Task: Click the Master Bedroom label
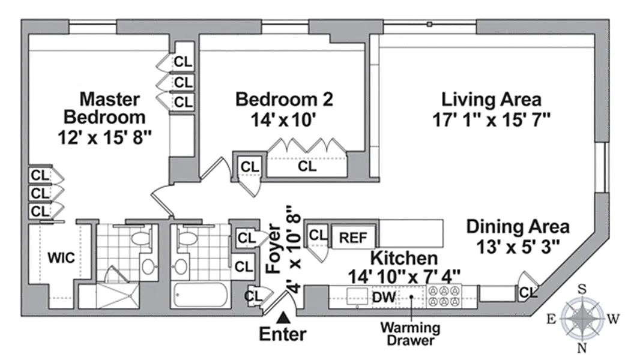[x=105, y=108]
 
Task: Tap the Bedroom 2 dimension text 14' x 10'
[x=283, y=119]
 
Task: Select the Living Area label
[x=491, y=100]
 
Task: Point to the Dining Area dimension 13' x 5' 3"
[x=518, y=246]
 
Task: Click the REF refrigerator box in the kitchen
[x=353, y=237]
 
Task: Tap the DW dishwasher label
[x=384, y=297]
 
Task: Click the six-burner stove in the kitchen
[x=444, y=296]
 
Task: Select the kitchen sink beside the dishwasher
[x=357, y=297]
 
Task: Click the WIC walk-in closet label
[x=61, y=257]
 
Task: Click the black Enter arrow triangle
[x=284, y=317]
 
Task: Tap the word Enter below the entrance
[x=283, y=334]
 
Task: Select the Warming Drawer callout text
[x=411, y=334]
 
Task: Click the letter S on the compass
[x=582, y=289]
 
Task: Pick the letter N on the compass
[x=582, y=348]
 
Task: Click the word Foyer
[x=274, y=248]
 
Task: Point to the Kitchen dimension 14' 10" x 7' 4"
[x=403, y=277]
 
